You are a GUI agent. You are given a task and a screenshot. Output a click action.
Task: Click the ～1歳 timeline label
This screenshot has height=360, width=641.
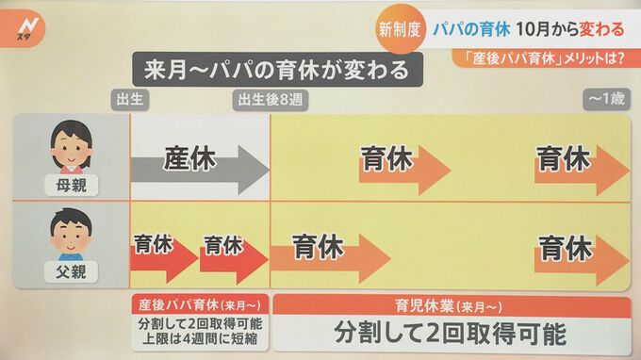pos(606,99)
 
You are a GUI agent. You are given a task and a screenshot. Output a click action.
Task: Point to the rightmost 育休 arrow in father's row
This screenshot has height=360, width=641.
pos(575,250)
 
